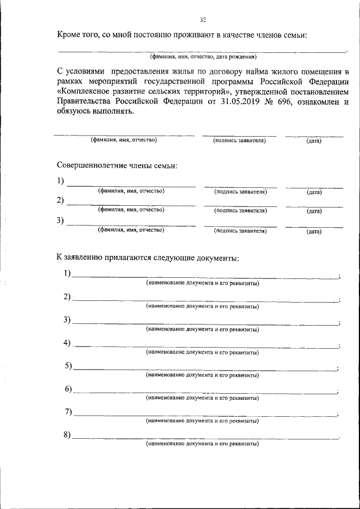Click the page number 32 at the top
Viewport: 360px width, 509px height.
203,20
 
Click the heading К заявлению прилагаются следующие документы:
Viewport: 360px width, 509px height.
147,258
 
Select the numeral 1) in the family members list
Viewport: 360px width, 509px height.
61,181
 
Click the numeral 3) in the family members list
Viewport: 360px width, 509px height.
61,220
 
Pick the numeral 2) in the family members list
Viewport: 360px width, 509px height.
61,200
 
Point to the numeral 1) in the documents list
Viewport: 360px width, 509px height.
67,274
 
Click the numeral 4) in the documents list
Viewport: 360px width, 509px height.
67,343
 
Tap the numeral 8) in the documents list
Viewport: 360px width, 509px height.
67,435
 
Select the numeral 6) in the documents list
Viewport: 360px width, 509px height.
67,389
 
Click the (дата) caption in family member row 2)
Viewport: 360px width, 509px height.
314,211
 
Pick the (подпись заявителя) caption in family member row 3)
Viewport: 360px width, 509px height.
240,231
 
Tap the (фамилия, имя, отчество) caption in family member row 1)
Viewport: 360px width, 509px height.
131,192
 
